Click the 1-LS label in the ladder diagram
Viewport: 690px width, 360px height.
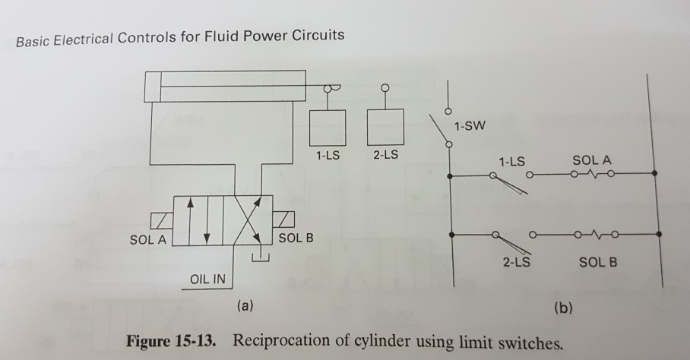(511, 162)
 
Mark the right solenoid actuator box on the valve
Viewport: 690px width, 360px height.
(283, 221)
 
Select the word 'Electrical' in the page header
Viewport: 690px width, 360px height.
(83, 36)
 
